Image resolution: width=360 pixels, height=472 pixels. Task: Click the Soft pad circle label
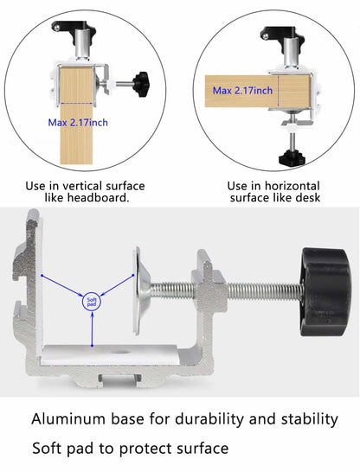coord(92,302)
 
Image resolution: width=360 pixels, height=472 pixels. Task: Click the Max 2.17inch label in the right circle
coord(242,91)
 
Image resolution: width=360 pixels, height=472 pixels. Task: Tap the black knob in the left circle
coord(141,84)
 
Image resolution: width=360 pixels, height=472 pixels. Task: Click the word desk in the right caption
coord(307,198)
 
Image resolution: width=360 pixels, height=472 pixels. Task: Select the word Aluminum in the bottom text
coord(72,419)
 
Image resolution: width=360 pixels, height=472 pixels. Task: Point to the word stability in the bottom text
coord(303,419)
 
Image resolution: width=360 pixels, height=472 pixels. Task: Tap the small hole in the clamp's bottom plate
coord(119,355)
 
